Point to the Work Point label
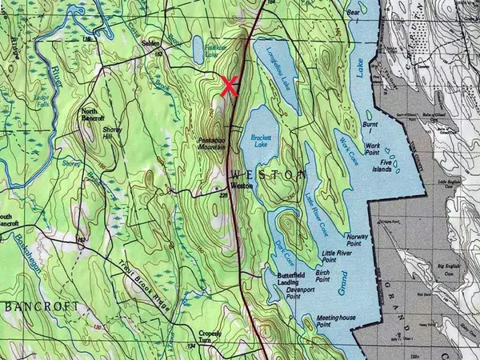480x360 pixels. pyautogui.click(x=373, y=150)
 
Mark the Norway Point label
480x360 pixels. pyautogui.click(x=358, y=240)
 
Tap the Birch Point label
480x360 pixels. pyautogui.click(x=323, y=276)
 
